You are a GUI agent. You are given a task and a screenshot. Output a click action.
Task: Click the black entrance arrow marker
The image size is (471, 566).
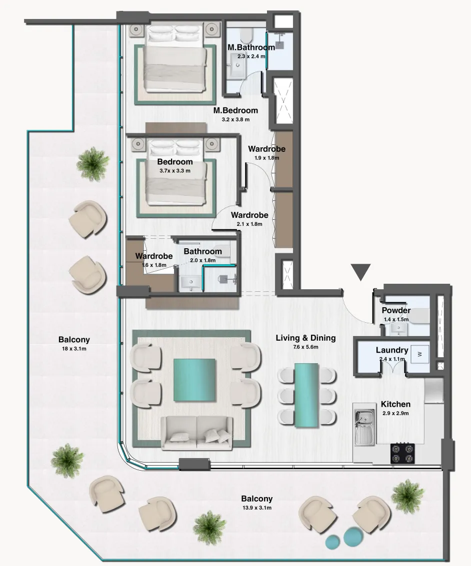coord(360,272)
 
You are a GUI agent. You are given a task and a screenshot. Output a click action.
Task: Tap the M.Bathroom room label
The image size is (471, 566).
coord(251,47)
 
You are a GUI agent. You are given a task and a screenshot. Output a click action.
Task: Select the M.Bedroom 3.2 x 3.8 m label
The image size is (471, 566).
coord(235,114)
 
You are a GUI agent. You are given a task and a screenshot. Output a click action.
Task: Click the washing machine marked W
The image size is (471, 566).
coord(419,354)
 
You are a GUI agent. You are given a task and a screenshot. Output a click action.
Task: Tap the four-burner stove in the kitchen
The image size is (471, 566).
coord(402,453)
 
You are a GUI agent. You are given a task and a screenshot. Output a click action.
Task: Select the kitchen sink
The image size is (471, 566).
coord(365,427)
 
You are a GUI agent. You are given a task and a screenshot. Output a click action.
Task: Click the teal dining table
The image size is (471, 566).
coord(306,395)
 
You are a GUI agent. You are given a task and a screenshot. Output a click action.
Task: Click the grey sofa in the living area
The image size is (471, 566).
coord(196,432)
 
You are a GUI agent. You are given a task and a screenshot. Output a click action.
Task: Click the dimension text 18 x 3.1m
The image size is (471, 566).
coord(73,349)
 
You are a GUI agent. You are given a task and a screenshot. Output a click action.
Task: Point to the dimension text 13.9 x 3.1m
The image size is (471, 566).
coord(257,508)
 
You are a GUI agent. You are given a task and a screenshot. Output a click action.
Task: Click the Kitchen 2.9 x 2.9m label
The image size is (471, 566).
coord(395,408)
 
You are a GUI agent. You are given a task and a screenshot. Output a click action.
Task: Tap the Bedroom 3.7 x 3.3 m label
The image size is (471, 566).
coord(174,166)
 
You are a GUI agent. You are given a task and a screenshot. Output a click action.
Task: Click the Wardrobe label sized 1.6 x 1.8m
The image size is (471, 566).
coord(154,260)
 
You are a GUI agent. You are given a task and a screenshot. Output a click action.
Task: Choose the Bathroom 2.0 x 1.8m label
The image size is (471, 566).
coord(202,255)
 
